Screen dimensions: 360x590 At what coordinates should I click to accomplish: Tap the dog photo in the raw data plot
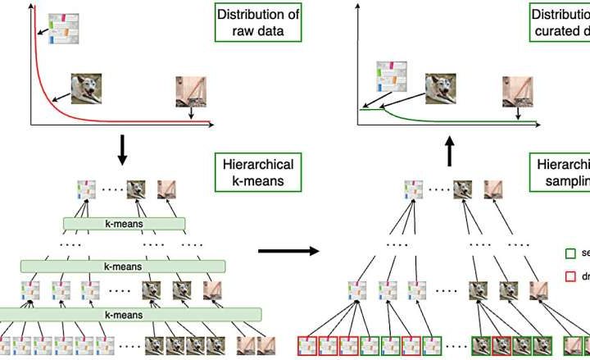[x=88, y=89]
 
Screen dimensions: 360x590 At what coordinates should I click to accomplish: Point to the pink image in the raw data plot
[x=189, y=91]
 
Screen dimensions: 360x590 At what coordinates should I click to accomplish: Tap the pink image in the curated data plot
[x=516, y=91]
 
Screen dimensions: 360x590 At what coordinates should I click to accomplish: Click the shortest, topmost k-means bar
[x=125, y=223]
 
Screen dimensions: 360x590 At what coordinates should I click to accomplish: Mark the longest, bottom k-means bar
[x=131, y=313]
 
